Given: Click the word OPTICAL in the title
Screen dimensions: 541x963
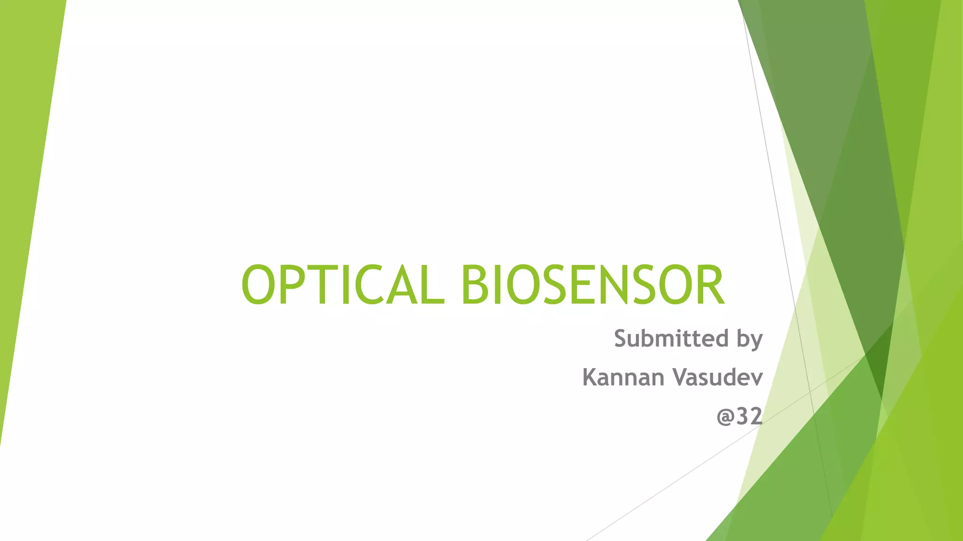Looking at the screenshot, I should (x=342, y=285).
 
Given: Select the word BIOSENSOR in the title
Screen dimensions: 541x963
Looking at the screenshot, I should (x=592, y=285).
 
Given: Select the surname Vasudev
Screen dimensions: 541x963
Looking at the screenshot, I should (x=718, y=377).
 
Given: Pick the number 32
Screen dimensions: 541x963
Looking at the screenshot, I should (x=750, y=416).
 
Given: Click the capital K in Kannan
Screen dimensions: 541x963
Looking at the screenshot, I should (x=590, y=377).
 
